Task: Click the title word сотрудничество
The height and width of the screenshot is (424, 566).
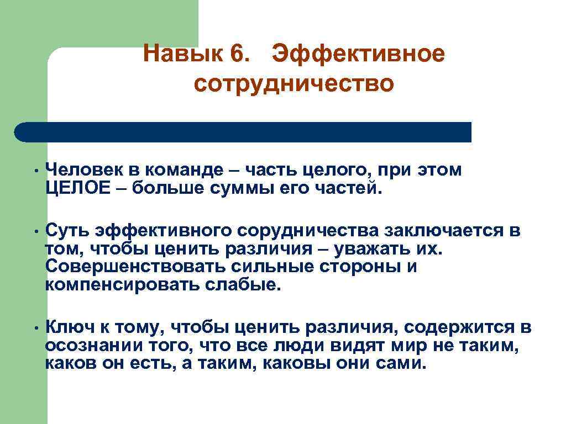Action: (x=294, y=84)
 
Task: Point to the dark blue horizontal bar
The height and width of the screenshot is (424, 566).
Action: (x=243, y=132)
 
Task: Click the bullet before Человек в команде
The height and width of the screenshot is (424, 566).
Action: (x=34, y=172)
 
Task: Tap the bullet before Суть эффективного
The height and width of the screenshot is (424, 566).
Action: (x=34, y=231)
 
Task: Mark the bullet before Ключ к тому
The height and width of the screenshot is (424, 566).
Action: (x=34, y=328)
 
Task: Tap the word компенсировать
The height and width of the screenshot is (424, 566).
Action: (x=114, y=285)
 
